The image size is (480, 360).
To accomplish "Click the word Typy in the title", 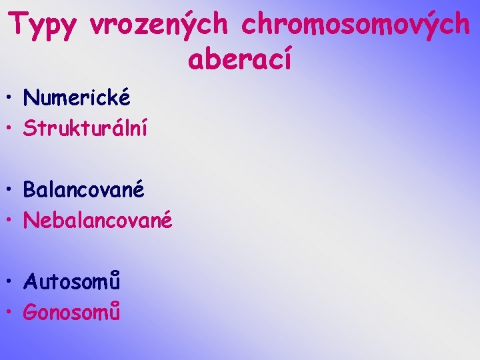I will [x=44, y=26].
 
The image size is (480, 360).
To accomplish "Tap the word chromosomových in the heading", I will [x=355, y=25].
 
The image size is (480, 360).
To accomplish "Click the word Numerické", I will [x=77, y=99].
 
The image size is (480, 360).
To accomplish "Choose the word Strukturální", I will [x=85, y=128].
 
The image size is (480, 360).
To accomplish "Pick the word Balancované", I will [x=84, y=190].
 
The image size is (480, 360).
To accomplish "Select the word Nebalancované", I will [x=98, y=219].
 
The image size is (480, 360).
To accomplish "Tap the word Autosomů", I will [x=72, y=282].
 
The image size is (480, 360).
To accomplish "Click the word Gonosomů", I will [x=72, y=311].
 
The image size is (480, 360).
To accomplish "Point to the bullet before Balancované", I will [x=11, y=191].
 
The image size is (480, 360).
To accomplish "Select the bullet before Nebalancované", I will [x=11, y=221].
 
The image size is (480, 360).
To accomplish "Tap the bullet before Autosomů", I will [x=11, y=283].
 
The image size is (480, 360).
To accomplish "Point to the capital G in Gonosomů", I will [x=31, y=312].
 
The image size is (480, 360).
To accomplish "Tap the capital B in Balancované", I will [x=30, y=190].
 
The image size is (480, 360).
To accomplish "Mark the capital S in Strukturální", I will [x=30, y=128].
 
